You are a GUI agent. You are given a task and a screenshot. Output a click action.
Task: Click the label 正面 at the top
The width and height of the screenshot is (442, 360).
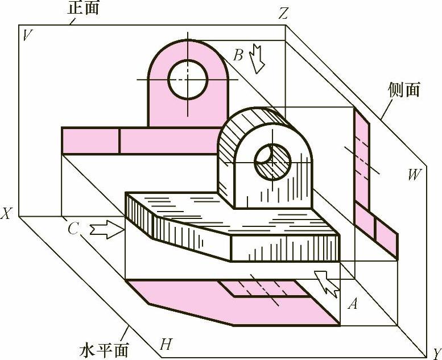point(83,9)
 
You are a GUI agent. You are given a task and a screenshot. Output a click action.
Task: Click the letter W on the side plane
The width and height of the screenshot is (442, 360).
point(414,175)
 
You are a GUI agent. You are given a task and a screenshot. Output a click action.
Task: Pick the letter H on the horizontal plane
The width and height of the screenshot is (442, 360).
point(166,344)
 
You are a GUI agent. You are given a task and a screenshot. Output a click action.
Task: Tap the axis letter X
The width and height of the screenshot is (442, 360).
point(6,214)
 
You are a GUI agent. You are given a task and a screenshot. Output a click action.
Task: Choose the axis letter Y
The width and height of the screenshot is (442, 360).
point(436,351)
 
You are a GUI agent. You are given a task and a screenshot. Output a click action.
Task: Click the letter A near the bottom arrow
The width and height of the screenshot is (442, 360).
point(353,305)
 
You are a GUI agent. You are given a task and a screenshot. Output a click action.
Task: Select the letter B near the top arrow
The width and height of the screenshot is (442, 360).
point(238,55)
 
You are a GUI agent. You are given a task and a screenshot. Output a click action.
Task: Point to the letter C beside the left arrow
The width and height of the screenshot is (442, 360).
point(72,229)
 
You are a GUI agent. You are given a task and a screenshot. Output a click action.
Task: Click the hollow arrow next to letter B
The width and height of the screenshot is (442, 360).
point(257,59)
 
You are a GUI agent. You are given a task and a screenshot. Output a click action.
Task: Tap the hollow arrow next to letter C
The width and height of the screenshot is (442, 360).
point(106,230)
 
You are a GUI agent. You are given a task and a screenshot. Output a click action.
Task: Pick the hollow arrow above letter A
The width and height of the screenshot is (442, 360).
point(327,282)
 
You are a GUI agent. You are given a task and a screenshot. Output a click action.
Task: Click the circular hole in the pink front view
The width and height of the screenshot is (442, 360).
point(187,79)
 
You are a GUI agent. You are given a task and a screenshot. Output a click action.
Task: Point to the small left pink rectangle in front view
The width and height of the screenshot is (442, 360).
point(90,140)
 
